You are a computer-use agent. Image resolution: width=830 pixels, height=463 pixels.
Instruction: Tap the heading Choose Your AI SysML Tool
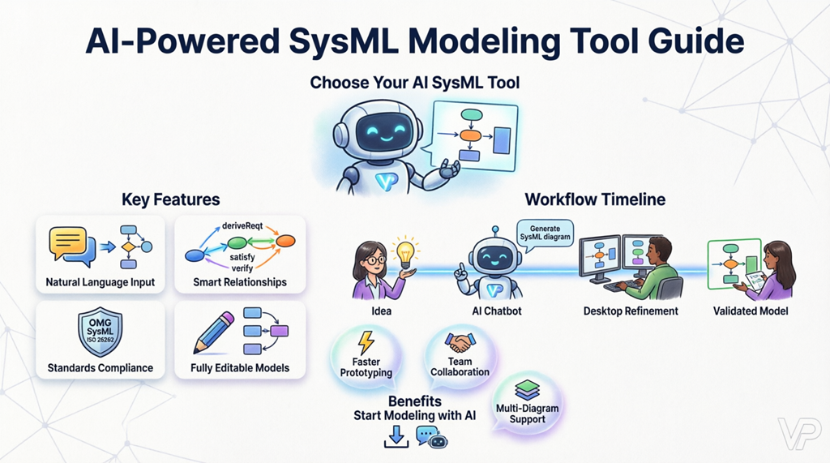click(414, 83)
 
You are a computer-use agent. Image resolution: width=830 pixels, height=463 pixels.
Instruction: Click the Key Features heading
click(170, 199)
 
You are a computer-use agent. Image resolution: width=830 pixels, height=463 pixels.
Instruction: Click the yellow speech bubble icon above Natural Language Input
click(67, 242)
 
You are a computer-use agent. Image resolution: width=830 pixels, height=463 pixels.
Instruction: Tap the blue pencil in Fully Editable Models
click(214, 332)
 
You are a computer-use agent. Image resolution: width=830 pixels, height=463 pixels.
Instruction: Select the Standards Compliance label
click(100, 367)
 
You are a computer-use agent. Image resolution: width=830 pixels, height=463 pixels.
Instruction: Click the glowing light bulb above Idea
click(403, 251)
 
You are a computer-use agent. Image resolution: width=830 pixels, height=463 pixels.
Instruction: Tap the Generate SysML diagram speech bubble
click(545, 233)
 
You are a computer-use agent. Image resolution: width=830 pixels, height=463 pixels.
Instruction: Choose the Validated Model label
click(751, 311)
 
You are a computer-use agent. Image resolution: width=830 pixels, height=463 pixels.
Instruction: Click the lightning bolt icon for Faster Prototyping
click(366, 341)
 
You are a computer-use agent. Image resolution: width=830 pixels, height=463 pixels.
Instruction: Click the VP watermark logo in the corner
click(798, 434)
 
